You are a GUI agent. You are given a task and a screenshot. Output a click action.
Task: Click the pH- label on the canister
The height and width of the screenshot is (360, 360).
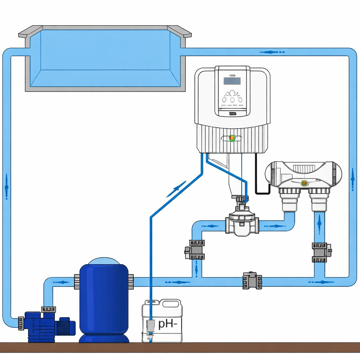click(x=167, y=323)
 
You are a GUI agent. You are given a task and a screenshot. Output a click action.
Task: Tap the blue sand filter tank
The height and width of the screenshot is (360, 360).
click(x=103, y=299)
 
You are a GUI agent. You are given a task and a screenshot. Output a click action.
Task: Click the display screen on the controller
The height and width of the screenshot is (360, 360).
click(x=232, y=81)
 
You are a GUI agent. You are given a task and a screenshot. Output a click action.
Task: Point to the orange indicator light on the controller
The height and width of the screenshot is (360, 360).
click(x=232, y=138)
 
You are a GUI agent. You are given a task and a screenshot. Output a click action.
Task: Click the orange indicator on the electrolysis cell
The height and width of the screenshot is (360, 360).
click(x=304, y=183)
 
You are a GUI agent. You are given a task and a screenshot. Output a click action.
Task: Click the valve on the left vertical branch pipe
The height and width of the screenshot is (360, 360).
click(x=195, y=250)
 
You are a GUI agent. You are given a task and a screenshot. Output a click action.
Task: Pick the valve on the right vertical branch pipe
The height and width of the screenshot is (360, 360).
click(x=320, y=252)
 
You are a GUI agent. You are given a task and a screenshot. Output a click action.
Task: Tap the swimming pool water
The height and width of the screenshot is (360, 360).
click(x=105, y=58)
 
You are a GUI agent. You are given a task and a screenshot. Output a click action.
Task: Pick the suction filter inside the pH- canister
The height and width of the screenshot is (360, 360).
click(x=150, y=327)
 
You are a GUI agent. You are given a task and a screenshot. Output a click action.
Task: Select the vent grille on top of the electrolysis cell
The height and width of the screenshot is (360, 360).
click(x=303, y=169)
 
